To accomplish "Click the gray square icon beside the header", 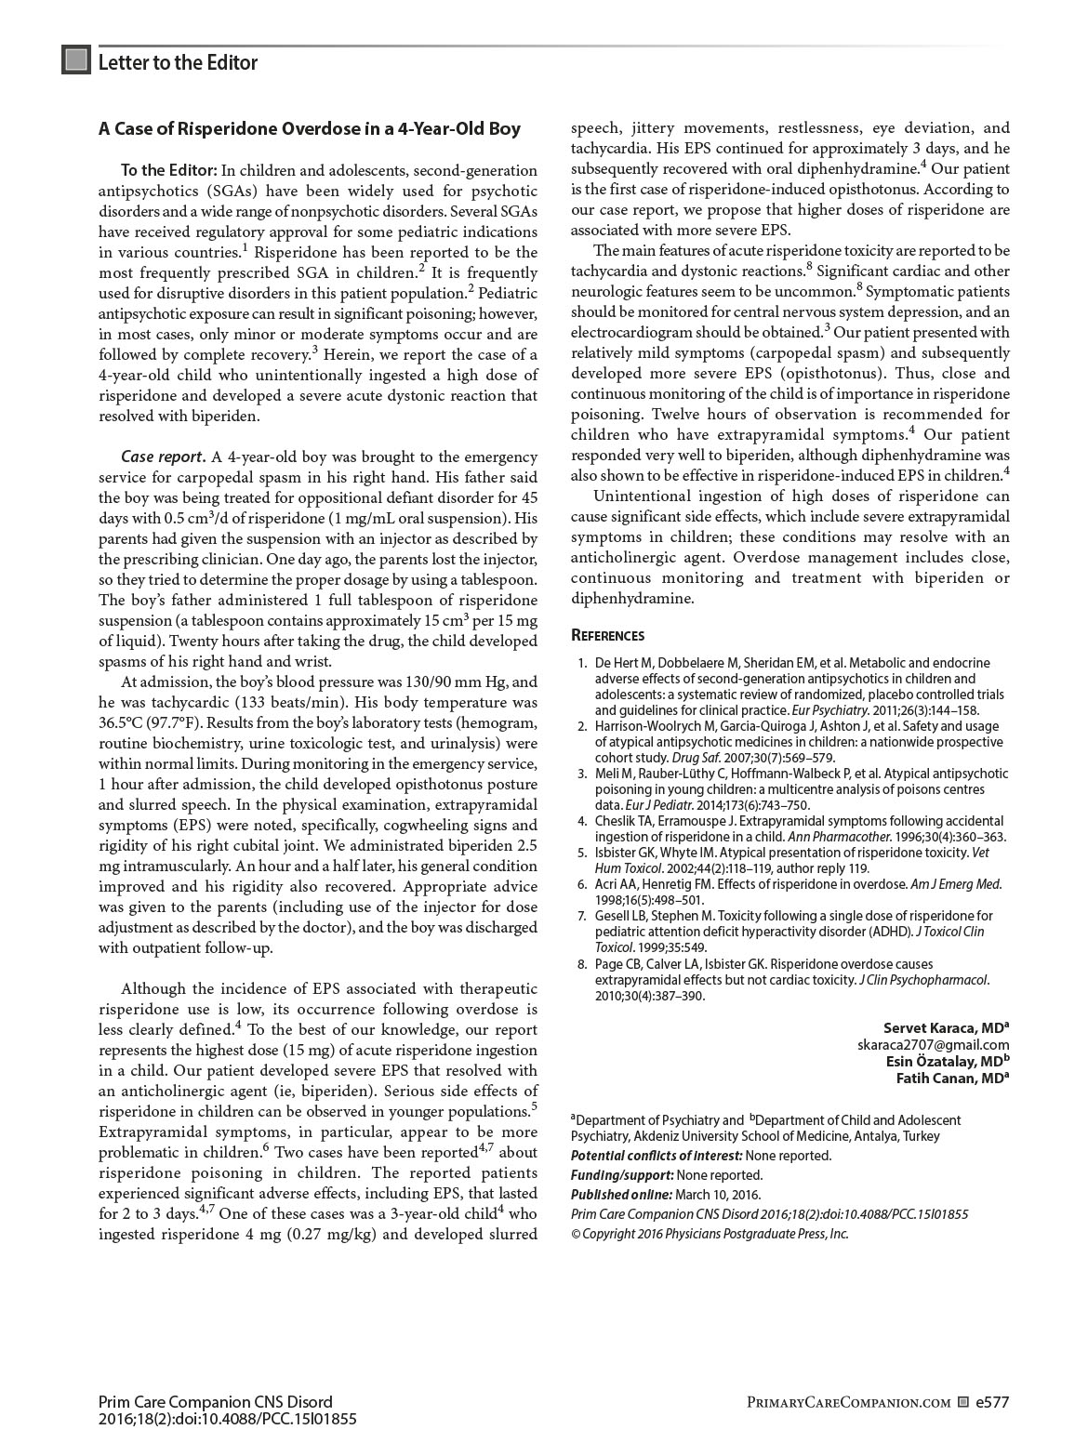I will pos(76,60).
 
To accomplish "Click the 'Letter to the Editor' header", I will pos(178,62).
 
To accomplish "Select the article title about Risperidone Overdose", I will pos(310,129).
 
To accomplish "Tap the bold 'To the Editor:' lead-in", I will pos(169,171).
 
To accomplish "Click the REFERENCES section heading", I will pos(607,636).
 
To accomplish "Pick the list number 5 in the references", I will pos(582,853).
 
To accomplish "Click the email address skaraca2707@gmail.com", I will pos(934,1045).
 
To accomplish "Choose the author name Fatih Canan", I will pos(949,1079).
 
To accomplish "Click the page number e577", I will pos(992,1403).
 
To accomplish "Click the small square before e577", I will pos(963,1403).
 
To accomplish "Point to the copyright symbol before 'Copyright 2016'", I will pos(576,1234).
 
